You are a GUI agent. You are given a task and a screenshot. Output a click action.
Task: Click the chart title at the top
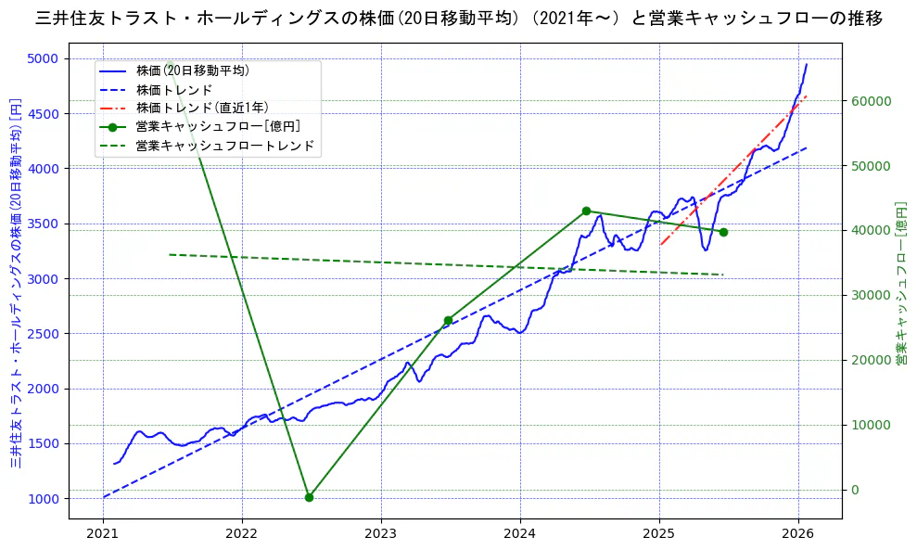(x=458, y=18)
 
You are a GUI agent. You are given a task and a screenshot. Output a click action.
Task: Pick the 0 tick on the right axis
(x=857, y=490)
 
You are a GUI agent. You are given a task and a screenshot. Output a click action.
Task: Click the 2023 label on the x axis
(x=381, y=532)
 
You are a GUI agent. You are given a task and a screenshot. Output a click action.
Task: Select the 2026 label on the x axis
(x=798, y=532)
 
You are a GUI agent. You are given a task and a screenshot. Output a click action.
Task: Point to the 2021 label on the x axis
(x=103, y=532)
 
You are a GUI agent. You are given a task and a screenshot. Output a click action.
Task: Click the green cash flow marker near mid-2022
(x=309, y=497)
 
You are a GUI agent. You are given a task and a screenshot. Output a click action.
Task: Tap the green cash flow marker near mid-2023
(x=448, y=320)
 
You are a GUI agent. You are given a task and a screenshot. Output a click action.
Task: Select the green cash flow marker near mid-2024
(x=586, y=211)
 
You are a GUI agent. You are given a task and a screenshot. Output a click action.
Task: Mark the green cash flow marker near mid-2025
(x=723, y=232)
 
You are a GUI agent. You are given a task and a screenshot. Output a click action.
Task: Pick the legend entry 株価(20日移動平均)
(x=192, y=70)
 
